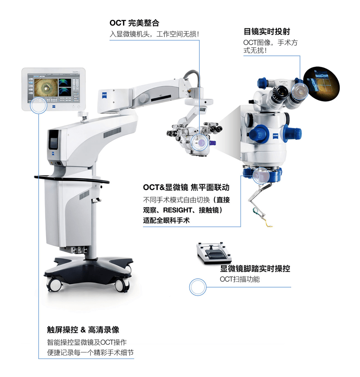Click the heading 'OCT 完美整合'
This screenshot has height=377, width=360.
point(134,23)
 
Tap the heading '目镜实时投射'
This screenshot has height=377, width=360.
point(266,31)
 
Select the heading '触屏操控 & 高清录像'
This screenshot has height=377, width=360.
point(83,330)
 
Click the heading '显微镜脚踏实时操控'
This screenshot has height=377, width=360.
point(255,268)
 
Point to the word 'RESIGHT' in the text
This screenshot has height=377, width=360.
point(177,210)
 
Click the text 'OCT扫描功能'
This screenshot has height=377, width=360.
point(240,279)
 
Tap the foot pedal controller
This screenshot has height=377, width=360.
point(214,253)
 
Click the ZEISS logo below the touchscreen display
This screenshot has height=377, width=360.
point(53,106)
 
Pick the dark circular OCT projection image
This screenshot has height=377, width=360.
point(321,84)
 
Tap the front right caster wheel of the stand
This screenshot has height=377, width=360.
point(122,286)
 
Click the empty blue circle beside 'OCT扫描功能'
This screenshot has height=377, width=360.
point(198,287)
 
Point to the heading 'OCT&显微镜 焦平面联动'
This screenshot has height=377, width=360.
point(186,187)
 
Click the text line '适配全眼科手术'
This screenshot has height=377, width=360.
point(166,220)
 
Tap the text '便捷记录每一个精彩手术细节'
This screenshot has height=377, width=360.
point(90,353)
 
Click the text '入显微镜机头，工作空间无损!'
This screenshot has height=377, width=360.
point(154,34)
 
